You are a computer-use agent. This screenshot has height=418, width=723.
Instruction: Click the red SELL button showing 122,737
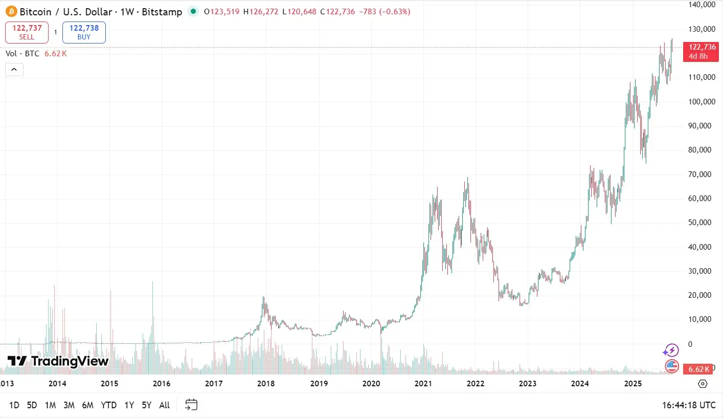point(27,32)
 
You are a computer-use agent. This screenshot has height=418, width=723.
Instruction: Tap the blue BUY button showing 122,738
point(84,32)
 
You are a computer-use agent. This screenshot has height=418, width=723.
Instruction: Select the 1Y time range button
point(129,405)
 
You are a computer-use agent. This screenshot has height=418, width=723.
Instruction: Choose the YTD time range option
point(108,405)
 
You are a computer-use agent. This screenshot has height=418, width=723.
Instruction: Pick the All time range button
point(164,405)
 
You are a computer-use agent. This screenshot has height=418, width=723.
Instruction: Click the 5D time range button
point(32,405)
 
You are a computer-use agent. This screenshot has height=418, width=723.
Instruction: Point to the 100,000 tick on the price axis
point(701,101)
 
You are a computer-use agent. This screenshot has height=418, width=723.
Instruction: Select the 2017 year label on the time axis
point(214,384)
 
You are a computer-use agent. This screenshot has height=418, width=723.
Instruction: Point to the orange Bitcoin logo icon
point(11,11)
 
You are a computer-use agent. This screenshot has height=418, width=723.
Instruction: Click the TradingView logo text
point(58,361)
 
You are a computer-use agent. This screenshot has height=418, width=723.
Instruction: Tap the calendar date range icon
point(191,405)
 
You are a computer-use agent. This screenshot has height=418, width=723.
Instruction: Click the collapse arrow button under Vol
point(14,70)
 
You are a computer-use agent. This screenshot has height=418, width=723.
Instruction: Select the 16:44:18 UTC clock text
point(689,405)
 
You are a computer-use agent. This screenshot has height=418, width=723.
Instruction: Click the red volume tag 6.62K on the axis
point(698,369)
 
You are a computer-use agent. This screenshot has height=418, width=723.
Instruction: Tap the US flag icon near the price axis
point(671,366)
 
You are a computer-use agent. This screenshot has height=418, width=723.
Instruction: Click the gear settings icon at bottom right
point(703,384)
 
